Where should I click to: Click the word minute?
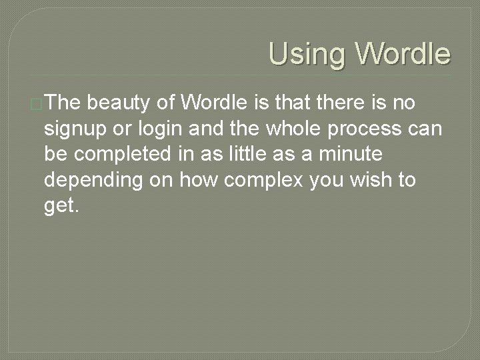[x=374, y=153]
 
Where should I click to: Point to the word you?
[x=323, y=180]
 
